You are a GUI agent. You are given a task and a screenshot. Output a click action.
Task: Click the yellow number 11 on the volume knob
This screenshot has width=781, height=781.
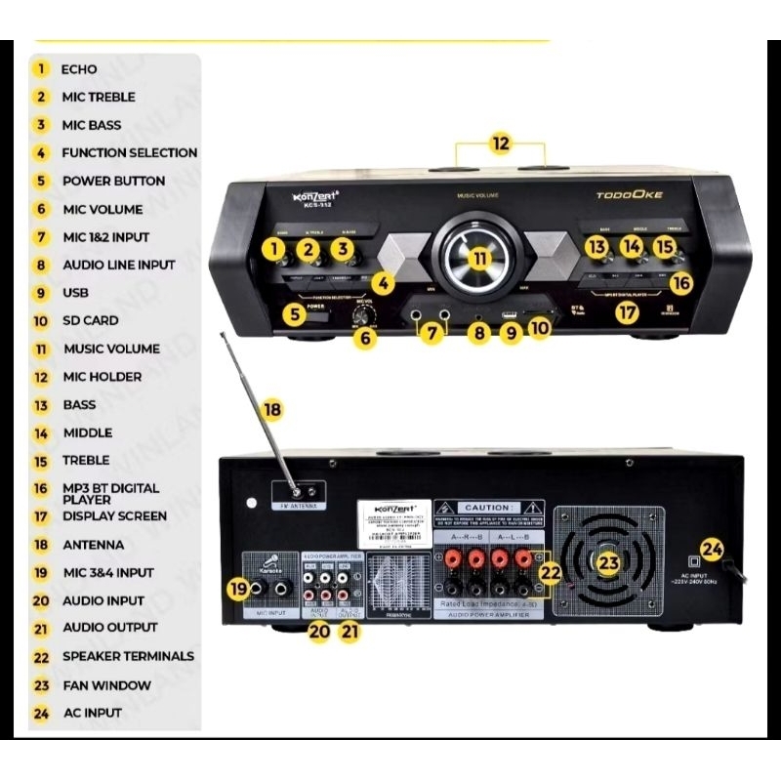tap(479, 258)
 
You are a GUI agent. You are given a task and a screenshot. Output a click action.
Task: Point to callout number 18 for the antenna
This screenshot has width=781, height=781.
tap(272, 410)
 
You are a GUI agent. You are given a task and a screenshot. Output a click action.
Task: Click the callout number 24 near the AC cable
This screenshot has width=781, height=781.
tap(712, 551)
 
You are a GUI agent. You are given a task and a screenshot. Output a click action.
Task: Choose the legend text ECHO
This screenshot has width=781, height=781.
tap(79, 69)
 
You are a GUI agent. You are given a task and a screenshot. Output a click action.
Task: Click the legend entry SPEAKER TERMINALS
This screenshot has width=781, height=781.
tap(128, 656)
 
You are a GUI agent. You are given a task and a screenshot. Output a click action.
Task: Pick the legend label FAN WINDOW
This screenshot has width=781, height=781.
tap(106, 685)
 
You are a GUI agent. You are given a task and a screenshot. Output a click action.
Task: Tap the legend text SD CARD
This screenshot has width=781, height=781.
tap(90, 320)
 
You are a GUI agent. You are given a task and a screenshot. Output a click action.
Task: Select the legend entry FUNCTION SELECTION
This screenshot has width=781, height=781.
tap(129, 152)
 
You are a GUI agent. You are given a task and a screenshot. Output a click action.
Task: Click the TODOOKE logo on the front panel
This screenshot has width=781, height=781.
tap(630, 195)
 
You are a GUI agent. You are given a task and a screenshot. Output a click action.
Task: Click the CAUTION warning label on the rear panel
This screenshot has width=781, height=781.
tap(488, 509)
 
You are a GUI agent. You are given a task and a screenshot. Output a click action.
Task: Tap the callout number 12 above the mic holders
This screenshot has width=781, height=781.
tap(500, 144)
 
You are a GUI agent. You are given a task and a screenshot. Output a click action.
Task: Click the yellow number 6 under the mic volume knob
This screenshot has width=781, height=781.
tap(365, 340)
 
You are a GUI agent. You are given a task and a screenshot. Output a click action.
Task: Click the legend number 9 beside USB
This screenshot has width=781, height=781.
tap(41, 292)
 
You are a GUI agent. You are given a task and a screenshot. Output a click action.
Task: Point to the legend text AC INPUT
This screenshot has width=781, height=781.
tap(92, 713)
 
